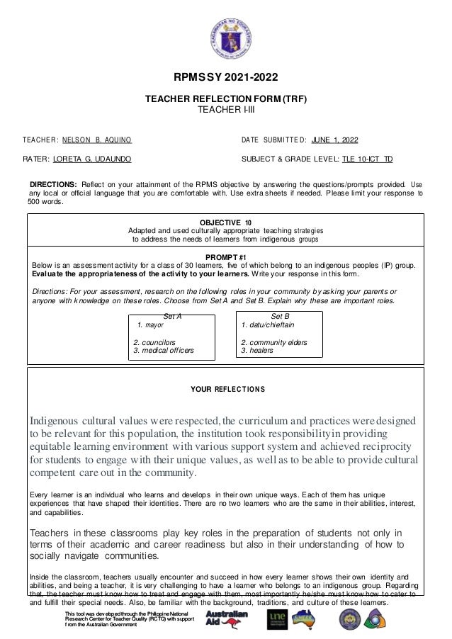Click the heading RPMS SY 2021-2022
point(226,77)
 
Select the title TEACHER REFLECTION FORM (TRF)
point(226,101)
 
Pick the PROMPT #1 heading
point(225,256)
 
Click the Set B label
point(281,317)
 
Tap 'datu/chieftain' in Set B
point(267,325)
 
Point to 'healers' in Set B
point(257,350)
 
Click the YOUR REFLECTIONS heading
point(227,389)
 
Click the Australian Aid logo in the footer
point(223,618)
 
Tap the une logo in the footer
point(276,619)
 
